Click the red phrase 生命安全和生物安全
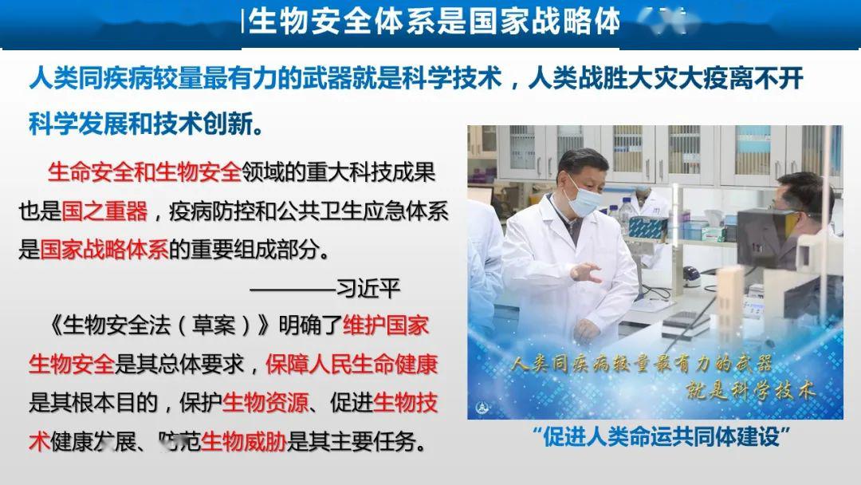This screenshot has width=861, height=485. (144, 171)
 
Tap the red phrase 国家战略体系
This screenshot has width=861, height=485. (104, 250)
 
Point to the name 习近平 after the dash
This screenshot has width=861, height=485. (368, 288)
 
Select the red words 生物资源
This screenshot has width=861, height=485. (265, 403)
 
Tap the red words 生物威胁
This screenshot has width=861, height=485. (244, 441)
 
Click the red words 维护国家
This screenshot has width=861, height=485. (386, 326)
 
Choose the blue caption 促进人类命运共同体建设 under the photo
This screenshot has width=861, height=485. (662, 437)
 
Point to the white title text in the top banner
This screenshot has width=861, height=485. (434, 22)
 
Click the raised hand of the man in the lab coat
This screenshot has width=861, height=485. (588, 272)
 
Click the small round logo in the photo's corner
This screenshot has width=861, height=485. (484, 405)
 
